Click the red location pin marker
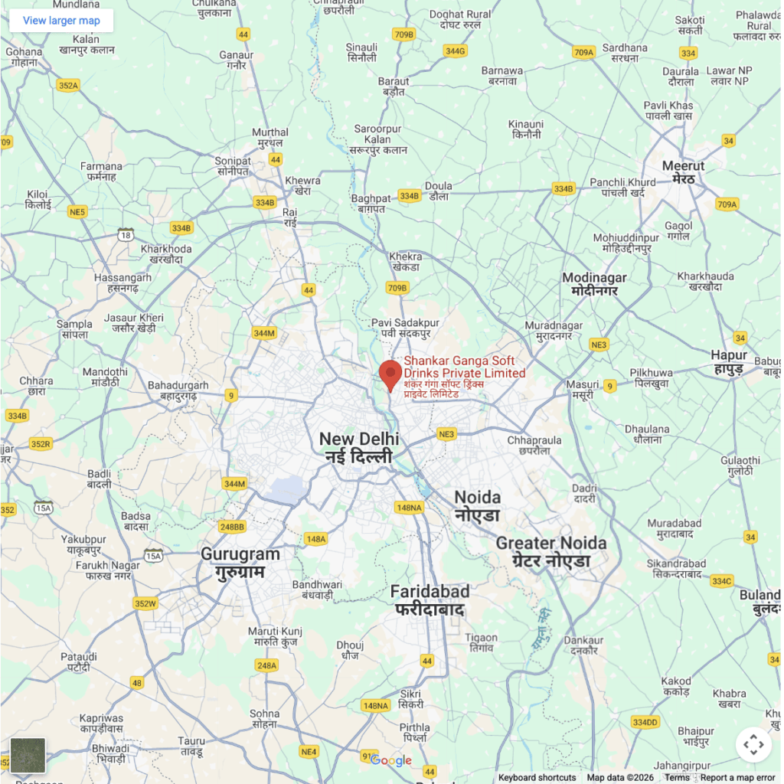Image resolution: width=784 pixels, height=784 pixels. (x=390, y=374)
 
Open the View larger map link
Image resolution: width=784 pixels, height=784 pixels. (x=61, y=21)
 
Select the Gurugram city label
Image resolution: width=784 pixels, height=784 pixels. (x=240, y=563)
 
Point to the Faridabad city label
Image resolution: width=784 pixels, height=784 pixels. (x=430, y=600)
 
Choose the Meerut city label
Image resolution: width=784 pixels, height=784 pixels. (x=683, y=171)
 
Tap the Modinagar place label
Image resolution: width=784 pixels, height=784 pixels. (x=594, y=284)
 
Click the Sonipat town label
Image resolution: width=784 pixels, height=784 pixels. (x=233, y=165)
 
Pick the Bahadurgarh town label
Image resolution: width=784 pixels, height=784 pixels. (x=178, y=390)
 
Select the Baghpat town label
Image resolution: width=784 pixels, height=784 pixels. (x=371, y=204)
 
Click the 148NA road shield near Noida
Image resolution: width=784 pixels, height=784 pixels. (x=409, y=508)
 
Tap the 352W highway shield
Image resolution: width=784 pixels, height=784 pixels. (x=145, y=603)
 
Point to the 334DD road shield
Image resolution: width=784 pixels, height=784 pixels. (x=645, y=722)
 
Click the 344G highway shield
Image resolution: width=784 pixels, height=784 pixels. (x=455, y=51)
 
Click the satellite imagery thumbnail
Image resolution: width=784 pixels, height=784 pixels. (x=28, y=756)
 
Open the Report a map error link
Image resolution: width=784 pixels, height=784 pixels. (x=737, y=778)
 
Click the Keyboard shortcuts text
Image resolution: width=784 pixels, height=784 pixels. (x=537, y=778)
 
